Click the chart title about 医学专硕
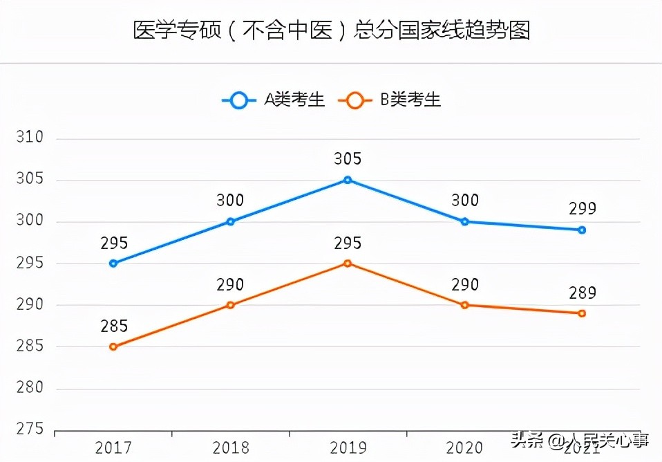pyautogui.click(x=331, y=31)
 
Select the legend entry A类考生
pyautogui.click(x=273, y=100)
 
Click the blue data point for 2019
pyautogui.click(x=348, y=180)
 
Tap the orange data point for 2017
pyautogui.click(x=113, y=346)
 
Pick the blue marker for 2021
pyautogui.click(x=582, y=230)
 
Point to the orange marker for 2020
pyautogui.click(x=464, y=305)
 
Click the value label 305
pyautogui.click(x=348, y=159)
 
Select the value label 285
pyautogui.click(x=113, y=326)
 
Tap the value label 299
pyautogui.click(x=582, y=209)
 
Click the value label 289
pyautogui.click(x=582, y=293)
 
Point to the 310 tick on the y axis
pyautogui.click(x=29, y=138)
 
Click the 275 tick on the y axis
pyautogui.click(x=29, y=429)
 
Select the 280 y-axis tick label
pyautogui.click(x=29, y=388)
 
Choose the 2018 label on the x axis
pyautogui.click(x=231, y=447)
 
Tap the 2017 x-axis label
pyautogui.click(x=113, y=447)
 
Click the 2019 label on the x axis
pyautogui.click(x=348, y=447)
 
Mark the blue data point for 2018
pyautogui.click(x=231, y=221)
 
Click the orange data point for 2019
pyautogui.click(x=348, y=263)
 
